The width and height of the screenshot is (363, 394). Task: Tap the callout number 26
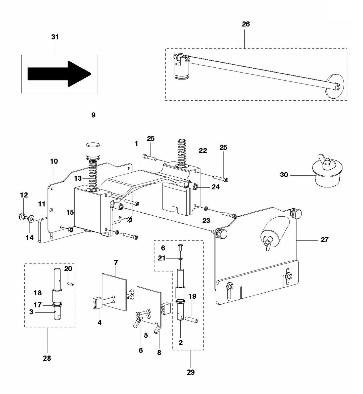[x=246, y=24]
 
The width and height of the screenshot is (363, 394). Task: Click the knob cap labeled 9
[x=93, y=150]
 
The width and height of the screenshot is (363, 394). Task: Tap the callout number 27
[x=324, y=240]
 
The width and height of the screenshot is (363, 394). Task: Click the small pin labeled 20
[x=70, y=284]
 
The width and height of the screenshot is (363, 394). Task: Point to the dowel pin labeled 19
[x=192, y=320]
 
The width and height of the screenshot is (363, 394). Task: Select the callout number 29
[x=191, y=372]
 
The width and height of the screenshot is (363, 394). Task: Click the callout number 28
[x=47, y=358]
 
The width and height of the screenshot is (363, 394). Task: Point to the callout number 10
[x=54, y=161]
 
